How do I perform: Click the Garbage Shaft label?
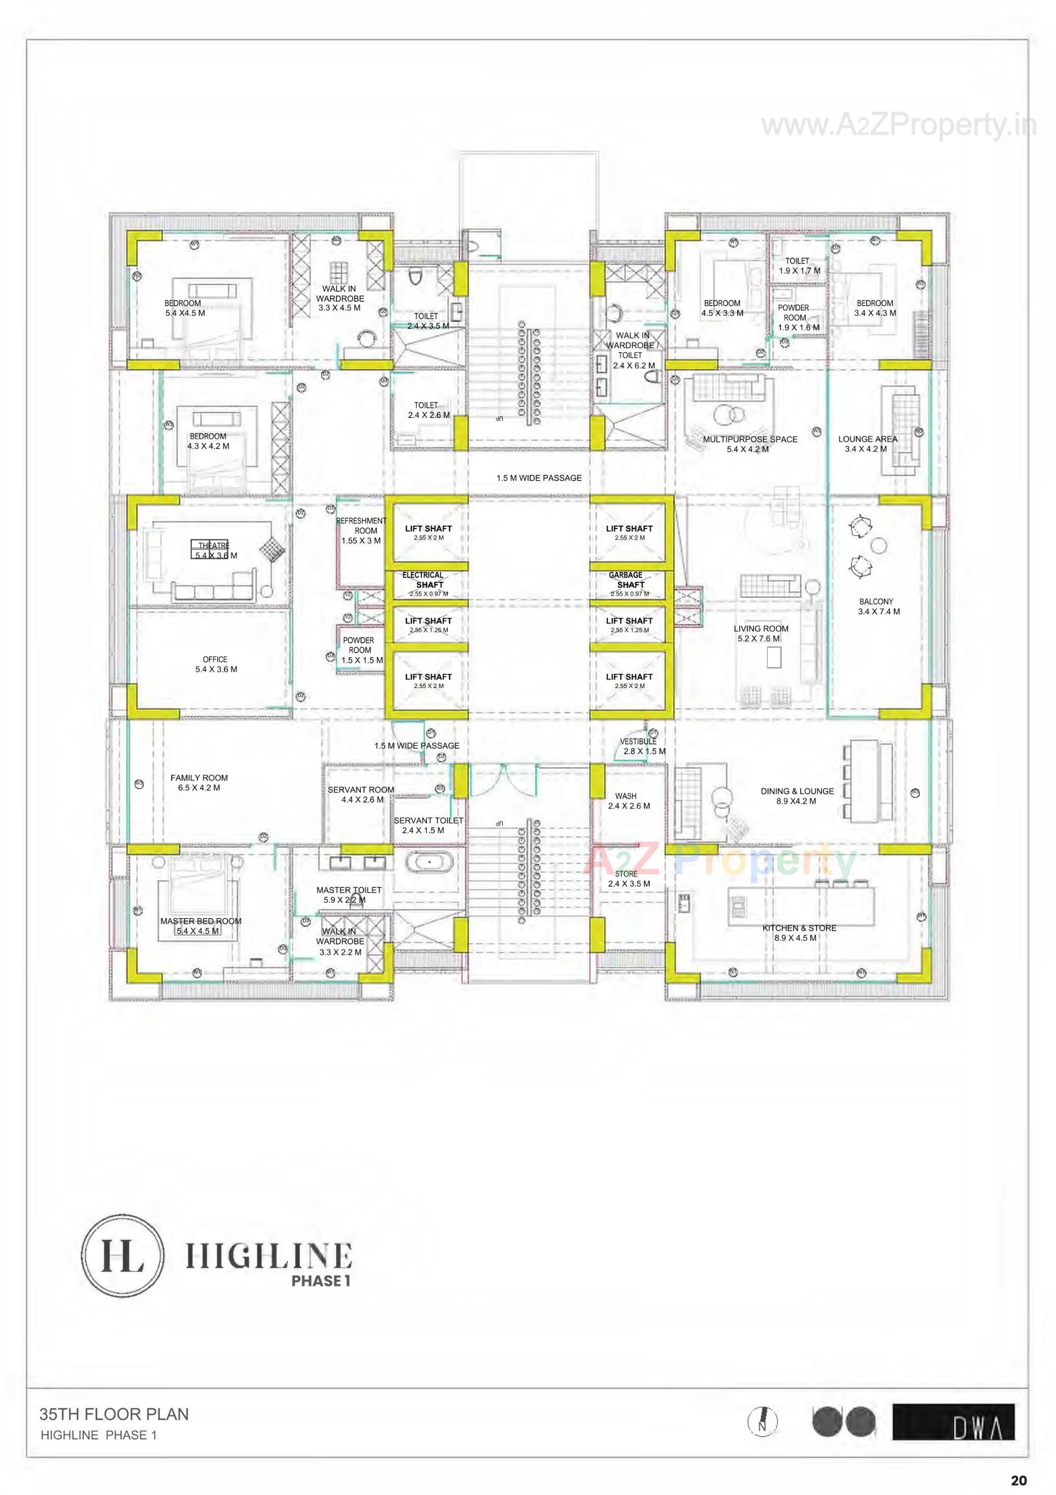click(x=629, y=580)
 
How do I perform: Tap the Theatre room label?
click(x=215, y=550)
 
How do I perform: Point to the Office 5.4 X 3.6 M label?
click(x=216, y=664)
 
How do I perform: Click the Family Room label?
click(x=199, y=782)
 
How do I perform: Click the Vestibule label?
click(x=640, y=745)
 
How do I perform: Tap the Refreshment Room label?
click(x=362, y=530)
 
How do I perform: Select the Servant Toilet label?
click(x=428, y=825)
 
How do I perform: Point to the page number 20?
click(x=1019, y=1480)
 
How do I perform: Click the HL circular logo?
click(x=122, y=1256)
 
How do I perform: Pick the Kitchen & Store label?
click(x=799, y=932)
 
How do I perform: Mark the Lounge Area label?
click(x=867, y=444)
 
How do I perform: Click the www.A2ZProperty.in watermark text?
click(x=898, y=126)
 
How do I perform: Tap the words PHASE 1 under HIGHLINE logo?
click(x=321, y=1281)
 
